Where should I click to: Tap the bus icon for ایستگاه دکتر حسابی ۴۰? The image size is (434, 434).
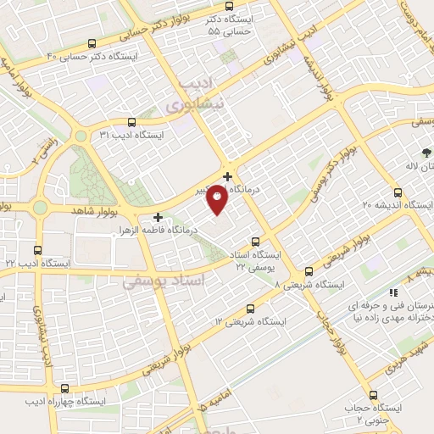point(92,43)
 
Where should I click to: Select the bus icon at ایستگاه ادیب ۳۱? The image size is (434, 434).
point(131,122)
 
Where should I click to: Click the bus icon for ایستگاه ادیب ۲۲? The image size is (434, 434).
point(37,250)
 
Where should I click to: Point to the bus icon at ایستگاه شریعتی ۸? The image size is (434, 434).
point(308,272)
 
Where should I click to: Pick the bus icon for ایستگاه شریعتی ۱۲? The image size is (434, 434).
point(250,309)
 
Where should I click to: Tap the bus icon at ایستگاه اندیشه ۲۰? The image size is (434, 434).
point(398,192)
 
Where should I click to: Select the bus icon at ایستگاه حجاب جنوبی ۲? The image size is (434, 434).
point(374,395)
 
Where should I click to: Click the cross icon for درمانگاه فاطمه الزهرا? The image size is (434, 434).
point(159,217)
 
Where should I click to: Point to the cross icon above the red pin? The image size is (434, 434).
point(227,176)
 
